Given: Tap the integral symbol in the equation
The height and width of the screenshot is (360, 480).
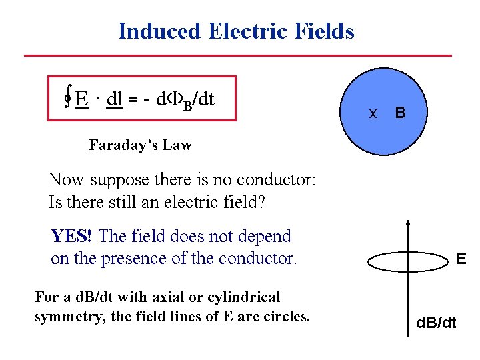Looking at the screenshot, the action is (x=68, y=99).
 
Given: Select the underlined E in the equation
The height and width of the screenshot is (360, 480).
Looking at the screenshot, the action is (x=82, y=99).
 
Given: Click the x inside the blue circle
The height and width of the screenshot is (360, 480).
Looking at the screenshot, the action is (x=373, y=113).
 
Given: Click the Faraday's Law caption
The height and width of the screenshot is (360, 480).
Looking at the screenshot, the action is (x=140, y=145).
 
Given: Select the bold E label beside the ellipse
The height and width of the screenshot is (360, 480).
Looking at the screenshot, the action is (x=461, y=257).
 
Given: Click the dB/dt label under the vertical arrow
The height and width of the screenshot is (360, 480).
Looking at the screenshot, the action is (x=436, y=324).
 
